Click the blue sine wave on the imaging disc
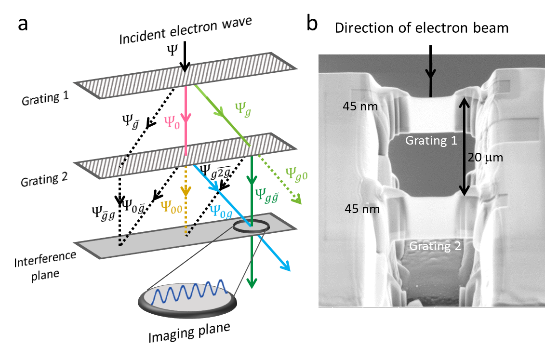point(187,292)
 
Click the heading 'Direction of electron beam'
point(422,27)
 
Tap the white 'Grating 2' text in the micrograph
point(435,246)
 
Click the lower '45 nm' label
point(362,209)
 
